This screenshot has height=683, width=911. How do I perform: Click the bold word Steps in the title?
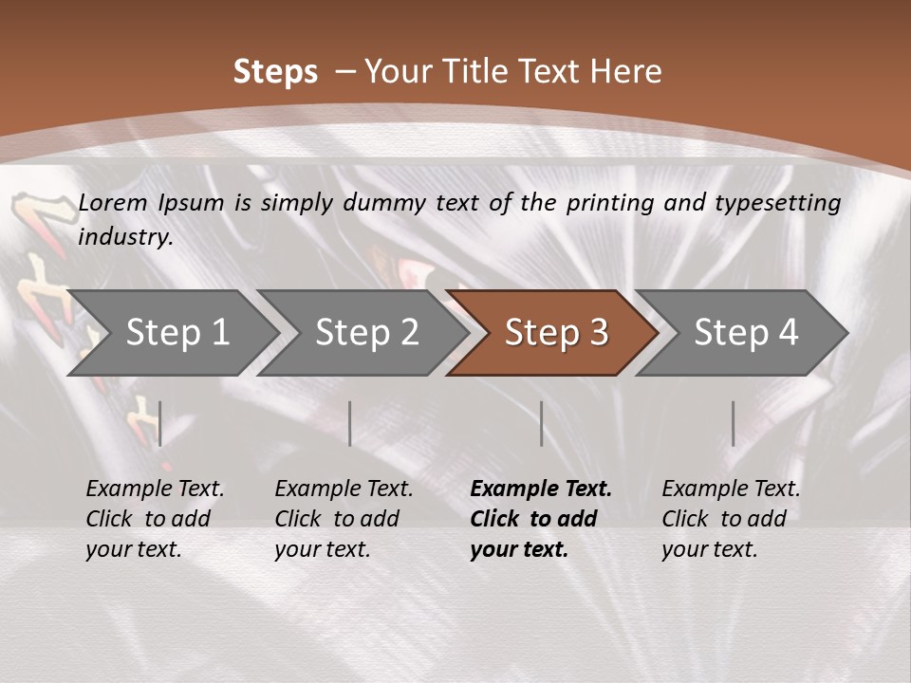275,72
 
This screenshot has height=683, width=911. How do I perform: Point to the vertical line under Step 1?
160,423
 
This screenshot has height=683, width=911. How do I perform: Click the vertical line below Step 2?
350,423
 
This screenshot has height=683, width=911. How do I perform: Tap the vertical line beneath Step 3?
541,423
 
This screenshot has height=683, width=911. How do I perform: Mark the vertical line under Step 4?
733,423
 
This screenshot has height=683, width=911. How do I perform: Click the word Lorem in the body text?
113,203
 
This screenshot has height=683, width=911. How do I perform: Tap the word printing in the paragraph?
607,203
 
